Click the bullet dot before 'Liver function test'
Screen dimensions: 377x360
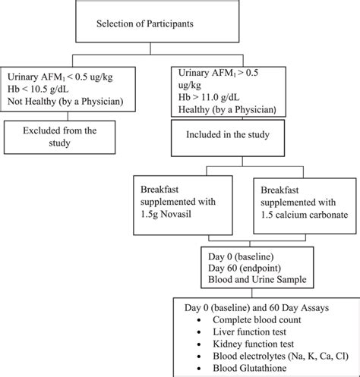pos(197,333)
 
